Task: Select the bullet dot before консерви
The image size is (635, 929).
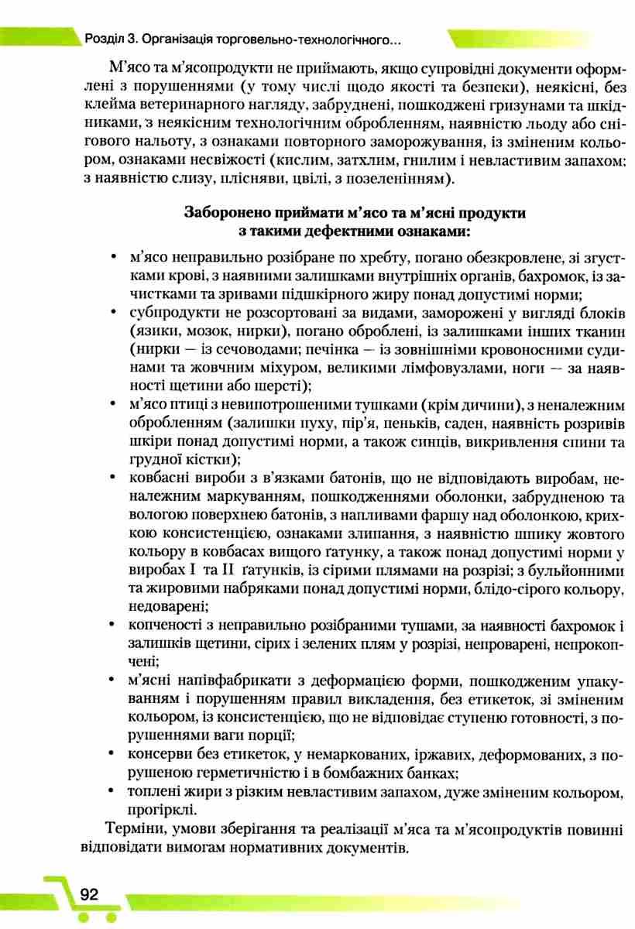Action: click(114, 755)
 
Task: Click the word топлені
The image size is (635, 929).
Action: click(155, 792)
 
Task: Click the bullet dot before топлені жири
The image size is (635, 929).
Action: click(114, 792)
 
